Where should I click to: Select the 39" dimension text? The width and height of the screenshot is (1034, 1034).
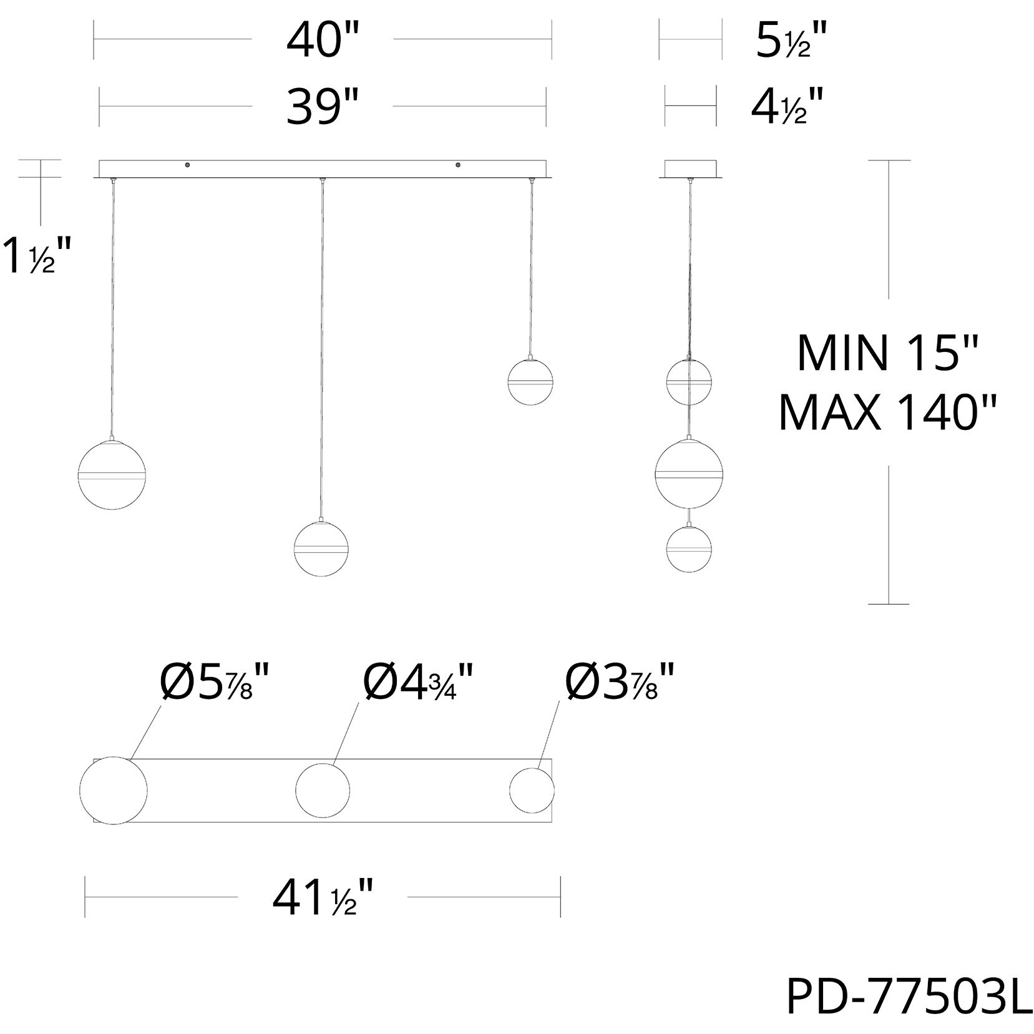click(x=322, y=107)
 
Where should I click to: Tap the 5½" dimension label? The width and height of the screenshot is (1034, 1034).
click(x=791, y=41)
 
